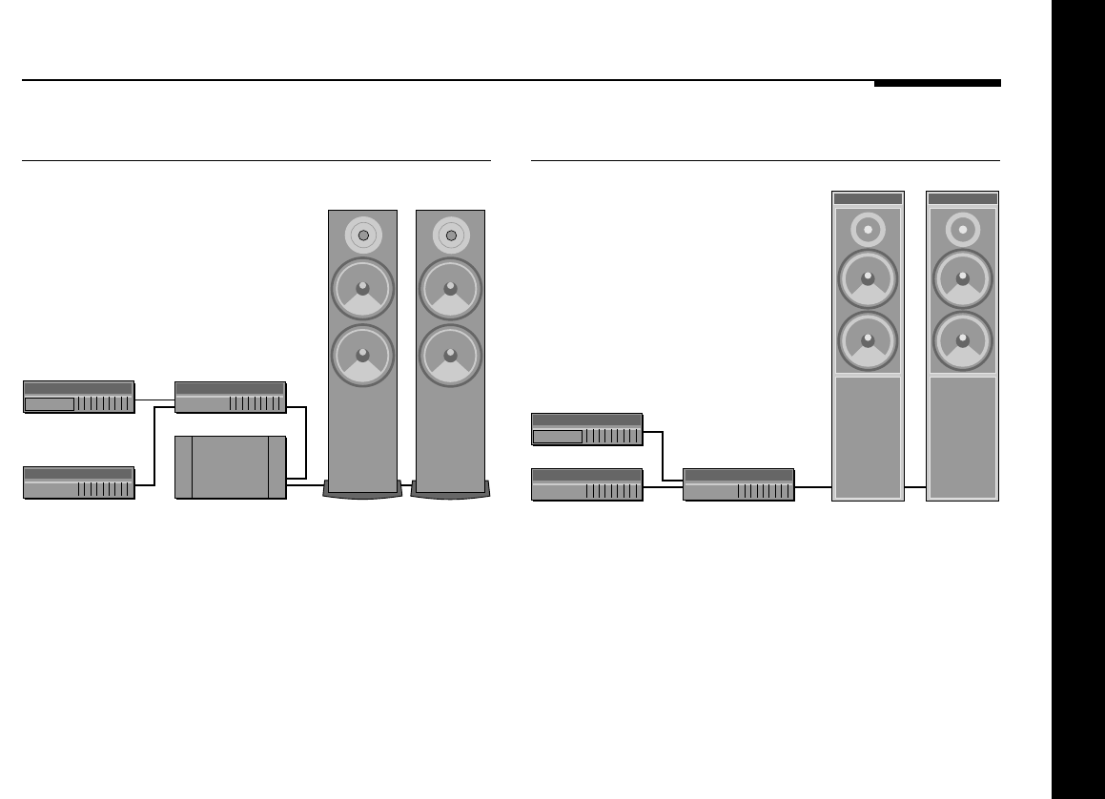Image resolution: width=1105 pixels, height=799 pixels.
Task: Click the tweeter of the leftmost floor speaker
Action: tap(362, 236)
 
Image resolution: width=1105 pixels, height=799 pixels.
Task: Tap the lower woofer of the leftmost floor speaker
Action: tap(362, 356)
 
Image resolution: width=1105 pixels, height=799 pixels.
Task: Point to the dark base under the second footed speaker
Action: tap(450, 490)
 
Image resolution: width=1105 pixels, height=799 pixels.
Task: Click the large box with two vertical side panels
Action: tap(231, 467)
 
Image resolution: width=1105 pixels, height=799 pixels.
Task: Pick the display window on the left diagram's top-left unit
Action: tap(50, 404)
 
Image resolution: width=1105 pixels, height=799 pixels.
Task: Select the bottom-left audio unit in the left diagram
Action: tap(79, 482)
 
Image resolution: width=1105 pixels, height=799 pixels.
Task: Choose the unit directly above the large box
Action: tap(231, 398)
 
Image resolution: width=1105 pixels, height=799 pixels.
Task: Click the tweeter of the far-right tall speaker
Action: tap(963, 230)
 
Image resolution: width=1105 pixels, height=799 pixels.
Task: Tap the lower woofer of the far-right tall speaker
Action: tap(963, 340)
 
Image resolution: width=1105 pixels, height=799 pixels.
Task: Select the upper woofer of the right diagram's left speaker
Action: tap(868, 279)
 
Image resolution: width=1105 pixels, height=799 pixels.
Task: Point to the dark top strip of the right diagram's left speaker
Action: tap(868, 198)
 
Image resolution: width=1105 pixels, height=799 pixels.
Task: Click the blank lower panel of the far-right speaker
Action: tap(963, 436)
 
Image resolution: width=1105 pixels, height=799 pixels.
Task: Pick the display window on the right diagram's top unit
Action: tap(558, 437)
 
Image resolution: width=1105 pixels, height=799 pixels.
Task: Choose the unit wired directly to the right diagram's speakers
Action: tap(739, 484)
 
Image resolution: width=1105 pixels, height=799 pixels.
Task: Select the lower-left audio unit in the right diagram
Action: tap(587, 484)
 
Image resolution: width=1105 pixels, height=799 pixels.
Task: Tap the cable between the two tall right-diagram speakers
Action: tap(915, 486)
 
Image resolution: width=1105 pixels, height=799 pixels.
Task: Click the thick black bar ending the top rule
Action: tap(937, 83)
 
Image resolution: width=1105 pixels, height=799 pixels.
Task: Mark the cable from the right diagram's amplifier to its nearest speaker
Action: tap(813, 486)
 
